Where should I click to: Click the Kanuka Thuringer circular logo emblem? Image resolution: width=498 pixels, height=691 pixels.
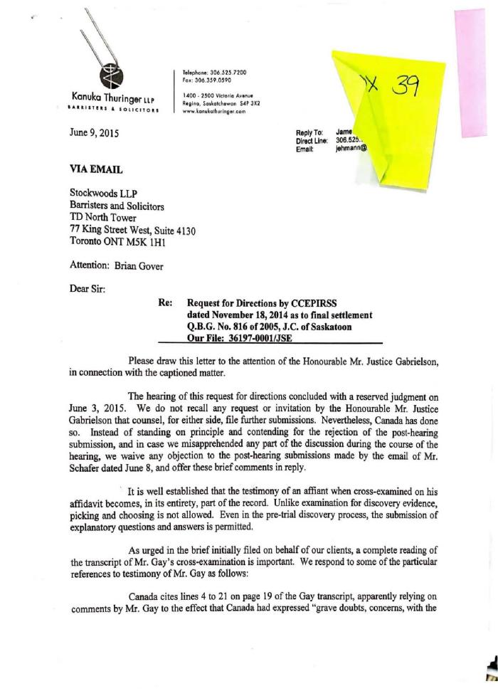pos(113,74)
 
